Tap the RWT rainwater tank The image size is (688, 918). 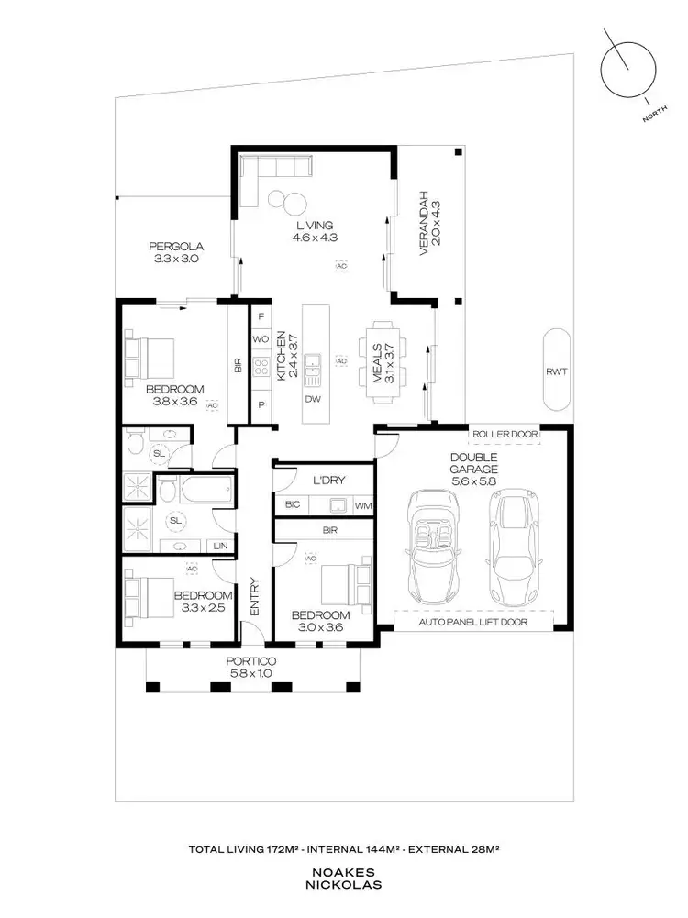pyautogui.click(x=556, y=370)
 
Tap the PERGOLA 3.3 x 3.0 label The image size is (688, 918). pyautogui.click(x=175, y=252)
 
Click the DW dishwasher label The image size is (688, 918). pyautogui.click(x=313, y=400)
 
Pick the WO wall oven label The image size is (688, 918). pyautogui.click(x=260, y=339)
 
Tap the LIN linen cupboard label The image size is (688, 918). pyautogui.click(x=220, y=547)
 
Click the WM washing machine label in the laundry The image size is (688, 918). pyautogui.click(x=361, y=505)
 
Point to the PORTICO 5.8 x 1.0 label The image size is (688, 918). pyautogui.click(x=252, y=669)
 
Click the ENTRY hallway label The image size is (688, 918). pyautogui.click(x=256, y=597)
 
